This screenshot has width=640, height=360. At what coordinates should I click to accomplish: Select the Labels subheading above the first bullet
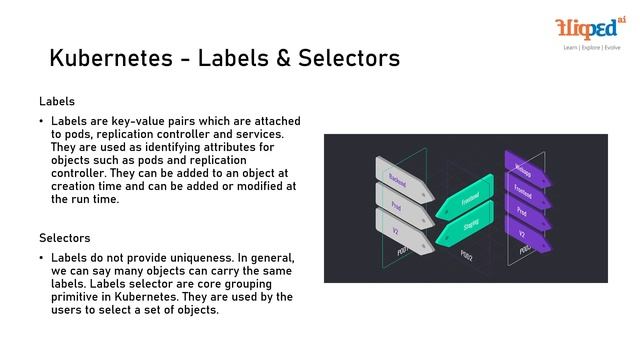(x=57, y=102)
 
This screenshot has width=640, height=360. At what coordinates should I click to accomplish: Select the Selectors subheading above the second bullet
(x=65, y=239)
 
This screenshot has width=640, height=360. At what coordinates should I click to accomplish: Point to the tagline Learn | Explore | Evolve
(x=591, y=47)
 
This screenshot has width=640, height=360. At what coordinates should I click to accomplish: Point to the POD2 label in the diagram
(x=466, y=255)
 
